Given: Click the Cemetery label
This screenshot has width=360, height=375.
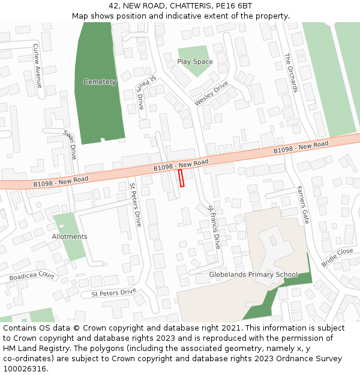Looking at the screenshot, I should pyautogui.click(x=100, y=82).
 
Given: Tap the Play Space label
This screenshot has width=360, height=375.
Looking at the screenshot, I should pyautogui.click(x=195, y=62).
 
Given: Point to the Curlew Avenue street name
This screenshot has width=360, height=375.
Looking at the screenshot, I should pyautogui.click(x=37, y=65).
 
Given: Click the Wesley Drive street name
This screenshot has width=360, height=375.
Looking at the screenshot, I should pyautogui.click(x=211, y=95).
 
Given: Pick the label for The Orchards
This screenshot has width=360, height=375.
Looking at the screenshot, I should pyautogui.click(x=291, y=73).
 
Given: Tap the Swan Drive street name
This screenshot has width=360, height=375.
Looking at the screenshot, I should pyautogui.click(x=70, y=144).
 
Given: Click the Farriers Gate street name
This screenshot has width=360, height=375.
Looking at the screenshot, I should pyautogui.click(x=302, y=204).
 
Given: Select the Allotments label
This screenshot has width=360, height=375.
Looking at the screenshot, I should pyautogui.click(x=70, y=236).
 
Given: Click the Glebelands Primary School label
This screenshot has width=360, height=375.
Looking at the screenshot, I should pyautogui.click(x=253, y=275).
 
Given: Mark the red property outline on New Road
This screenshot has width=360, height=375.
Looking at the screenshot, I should pyautogui.click(x=181, y=178).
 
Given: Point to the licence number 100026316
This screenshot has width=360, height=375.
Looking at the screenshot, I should pyautogui.click(x=24, y=369).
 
